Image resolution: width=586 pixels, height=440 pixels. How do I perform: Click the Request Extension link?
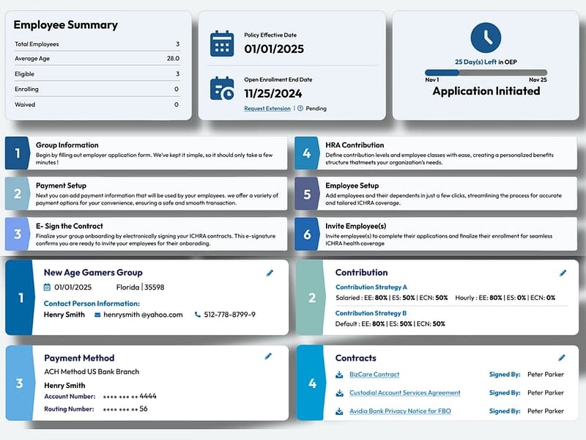267,109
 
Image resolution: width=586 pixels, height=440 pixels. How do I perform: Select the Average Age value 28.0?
173,58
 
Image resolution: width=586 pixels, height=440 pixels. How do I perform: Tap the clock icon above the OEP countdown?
486,37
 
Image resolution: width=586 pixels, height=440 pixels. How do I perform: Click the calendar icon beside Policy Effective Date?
222,43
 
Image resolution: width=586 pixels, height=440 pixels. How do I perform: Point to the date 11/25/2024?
273,93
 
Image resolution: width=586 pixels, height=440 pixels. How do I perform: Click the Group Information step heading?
67,145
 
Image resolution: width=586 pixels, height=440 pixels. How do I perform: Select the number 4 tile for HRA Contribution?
307,153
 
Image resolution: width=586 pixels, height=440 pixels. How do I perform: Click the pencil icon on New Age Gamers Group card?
270,273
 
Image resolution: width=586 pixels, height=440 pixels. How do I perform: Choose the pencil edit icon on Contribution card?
563,273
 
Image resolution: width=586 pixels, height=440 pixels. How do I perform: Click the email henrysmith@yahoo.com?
143,315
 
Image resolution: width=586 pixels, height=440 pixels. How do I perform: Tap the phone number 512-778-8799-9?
230,315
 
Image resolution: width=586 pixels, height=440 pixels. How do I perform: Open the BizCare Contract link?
374,375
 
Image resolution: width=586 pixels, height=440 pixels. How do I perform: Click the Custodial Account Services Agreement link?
404,393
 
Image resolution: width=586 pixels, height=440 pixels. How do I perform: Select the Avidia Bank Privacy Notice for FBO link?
400,411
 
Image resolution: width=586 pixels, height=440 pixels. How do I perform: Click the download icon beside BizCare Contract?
339,375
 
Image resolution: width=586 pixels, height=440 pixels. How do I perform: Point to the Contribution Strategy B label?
371,313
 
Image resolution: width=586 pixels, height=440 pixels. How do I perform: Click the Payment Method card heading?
79,358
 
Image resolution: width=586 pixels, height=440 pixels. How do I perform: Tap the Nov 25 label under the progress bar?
538,79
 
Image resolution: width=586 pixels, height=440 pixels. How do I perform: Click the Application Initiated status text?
486,92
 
